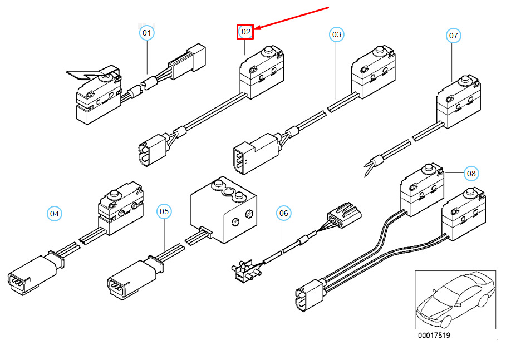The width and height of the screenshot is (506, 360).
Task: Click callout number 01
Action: point(146,33)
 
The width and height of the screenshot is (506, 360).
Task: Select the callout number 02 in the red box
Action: point(245,32)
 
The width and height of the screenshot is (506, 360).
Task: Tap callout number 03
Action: point(336,34)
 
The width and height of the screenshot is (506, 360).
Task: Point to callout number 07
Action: point(454,36)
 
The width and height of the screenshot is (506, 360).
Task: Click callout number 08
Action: point(471,174)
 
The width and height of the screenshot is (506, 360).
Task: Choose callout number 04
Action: point(54,213)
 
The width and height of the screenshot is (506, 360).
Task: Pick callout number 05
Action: point(164,211)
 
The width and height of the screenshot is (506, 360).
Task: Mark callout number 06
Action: point(284,213)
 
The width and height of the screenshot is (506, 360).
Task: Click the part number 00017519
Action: point(435,336)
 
